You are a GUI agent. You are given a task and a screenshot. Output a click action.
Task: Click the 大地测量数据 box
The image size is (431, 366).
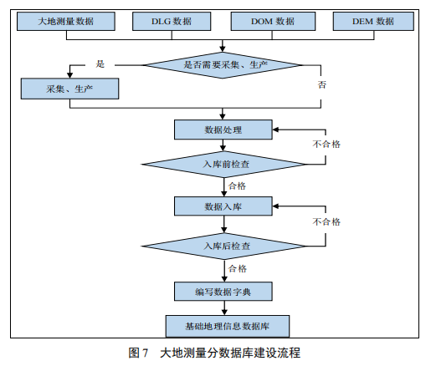pyautogui.click(x=66, y=21)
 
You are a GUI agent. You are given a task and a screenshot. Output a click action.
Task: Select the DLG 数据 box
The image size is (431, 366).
pyautogui.click(x=172, y=21)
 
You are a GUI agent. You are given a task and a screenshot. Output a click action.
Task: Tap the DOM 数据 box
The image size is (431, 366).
pyautogui.click(x=273, y=21)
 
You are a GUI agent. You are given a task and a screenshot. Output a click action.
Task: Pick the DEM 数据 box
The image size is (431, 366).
pyautogui.click(x=373, y=21)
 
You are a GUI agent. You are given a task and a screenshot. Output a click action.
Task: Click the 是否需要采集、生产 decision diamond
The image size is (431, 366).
pyautogui.click(x=223, y=65)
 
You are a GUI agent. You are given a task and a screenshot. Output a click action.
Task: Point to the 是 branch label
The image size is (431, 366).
pyautogui.click(x=100, y=64)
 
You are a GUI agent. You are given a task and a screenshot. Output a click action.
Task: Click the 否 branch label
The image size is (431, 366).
pyautogui.click(x=321, y=84)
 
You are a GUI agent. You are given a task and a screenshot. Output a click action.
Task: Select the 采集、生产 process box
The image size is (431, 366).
pyautogui.click(x=69, y=89)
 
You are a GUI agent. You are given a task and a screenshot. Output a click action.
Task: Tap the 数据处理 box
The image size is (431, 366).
pyautogui.click(x=223, y=130)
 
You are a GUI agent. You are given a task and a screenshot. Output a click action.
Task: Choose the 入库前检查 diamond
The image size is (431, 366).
pyautogui.click(x=224, y=165)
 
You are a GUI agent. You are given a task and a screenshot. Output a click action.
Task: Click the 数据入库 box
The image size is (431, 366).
pyautogui.click(x=223, y=206)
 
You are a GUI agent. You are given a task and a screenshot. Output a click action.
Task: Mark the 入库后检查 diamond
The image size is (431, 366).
pyautogui.click(x=224, y=247)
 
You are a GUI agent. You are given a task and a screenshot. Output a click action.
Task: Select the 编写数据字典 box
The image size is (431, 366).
pyautogui.click(x=223, y=292)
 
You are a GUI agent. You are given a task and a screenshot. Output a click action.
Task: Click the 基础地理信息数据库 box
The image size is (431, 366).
pyautogui.click(x=228, y=326)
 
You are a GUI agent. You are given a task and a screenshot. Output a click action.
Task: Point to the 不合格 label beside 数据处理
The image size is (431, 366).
pyautogui.click(x=326, y=144)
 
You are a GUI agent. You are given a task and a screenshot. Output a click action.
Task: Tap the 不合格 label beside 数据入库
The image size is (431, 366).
pyautogui.click(x=326, y=221)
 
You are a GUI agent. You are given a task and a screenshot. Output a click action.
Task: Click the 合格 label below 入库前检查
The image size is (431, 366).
pyautogui.click(x=237, y=186)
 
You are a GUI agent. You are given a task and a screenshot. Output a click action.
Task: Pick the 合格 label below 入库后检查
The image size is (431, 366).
pyautogui.click(x=238, y=268)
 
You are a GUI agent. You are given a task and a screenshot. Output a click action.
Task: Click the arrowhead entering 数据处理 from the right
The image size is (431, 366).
pyautogui.click(x=275, y=130)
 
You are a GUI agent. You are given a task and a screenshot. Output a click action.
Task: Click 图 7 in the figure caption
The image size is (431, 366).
pyautogui.click(x=138, y=353)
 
